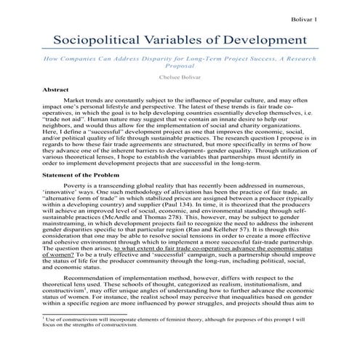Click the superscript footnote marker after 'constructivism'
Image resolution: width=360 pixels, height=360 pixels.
pyautogui.click(x=81, y=289)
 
